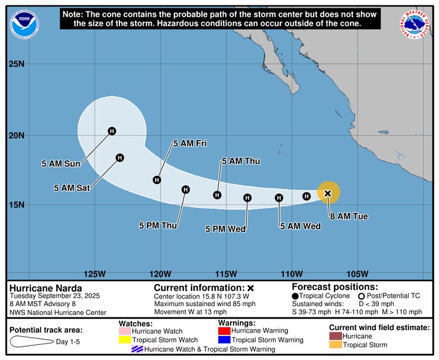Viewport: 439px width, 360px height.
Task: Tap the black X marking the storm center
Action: click(328, 193)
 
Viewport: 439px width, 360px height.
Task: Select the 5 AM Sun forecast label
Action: click(60, 164)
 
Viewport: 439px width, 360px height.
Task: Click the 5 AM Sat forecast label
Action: click(72, 188)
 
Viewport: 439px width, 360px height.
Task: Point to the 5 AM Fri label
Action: click(190, 143)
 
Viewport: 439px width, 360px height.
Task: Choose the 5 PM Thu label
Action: click(158, 225)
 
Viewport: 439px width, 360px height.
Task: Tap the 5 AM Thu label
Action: click(241, 161)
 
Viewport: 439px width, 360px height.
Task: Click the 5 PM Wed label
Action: click(225, 229)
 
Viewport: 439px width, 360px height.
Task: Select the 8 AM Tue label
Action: click(349, 217)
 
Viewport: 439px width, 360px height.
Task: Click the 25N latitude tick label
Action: click(16, 63)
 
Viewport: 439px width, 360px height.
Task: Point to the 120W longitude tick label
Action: click(160, 274)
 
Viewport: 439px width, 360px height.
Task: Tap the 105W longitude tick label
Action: click(357, 274)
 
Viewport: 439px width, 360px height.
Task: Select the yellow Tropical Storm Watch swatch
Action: click(125, 340)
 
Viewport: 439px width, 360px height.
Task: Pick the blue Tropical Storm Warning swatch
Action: click(225, 340)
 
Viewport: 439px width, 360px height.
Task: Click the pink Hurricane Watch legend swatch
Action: click(125, 331)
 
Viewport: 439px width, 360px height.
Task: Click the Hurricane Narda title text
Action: click(46, 288)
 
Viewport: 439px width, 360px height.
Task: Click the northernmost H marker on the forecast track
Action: click(112, 131)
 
